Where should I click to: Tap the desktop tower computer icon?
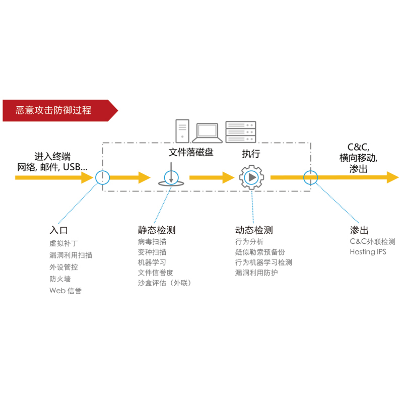tap(182, 131)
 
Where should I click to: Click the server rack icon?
tap(240, 131)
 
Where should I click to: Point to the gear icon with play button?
tap(251, 177)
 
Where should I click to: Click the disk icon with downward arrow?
tap(171, 178)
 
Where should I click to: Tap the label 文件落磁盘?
tap(191, 153)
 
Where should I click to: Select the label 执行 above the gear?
tap(251, 154)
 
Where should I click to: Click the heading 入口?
tap(58, 230)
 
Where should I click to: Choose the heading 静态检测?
tap(157, 230)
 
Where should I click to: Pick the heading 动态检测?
tap(254, 230)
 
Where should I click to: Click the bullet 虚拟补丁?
tap(63, 243)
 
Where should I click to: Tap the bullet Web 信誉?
tap(65, 291)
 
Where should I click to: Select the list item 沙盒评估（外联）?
tap(165, 283)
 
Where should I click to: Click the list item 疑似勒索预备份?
tap(260, 252)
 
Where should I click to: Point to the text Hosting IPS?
tap(368, 252)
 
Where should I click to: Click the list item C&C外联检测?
tap(372, 242)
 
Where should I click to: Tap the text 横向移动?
tap(358, 158)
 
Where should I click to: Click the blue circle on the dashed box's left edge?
tap(102, 177)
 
